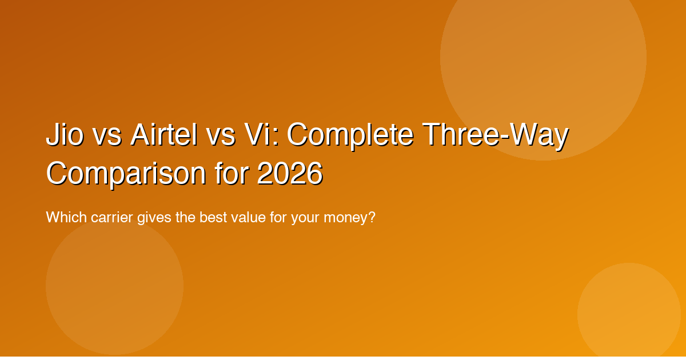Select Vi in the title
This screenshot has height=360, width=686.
pyautogui.click(x=262, y=136)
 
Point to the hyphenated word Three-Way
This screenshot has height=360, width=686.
pyautogui.click(x=495, y=136)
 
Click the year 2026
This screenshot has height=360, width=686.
pyautogui.click(x=290, y=174)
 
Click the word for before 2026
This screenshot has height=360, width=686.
pyautogui.click(x=232, y=174)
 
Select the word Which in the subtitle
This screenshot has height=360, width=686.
pyautogui.click(x=63, y=218)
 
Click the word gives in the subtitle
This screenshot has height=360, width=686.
pyautogui.click(x=154, y=218)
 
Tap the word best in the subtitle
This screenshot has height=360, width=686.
pyautogui.click(x=212, y=218)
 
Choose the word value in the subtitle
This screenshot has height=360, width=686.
pyautogui.click(x=249, y=218)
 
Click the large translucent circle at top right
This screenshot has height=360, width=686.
pyautogui.click(x=543, y=57)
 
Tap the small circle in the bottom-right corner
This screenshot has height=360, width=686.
pyautogui.click(x=629, y=314)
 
